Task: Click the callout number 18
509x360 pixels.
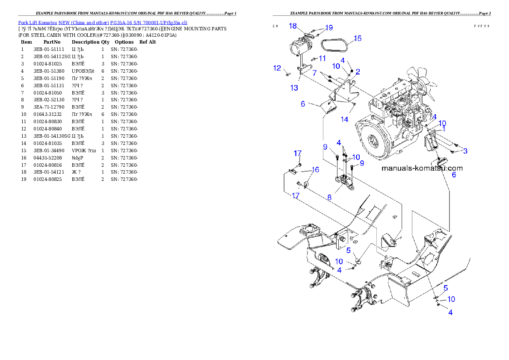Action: [293, 26]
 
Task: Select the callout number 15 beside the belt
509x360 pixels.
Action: [358, 38]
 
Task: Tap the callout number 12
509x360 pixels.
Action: [277, 68]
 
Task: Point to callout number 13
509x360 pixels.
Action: [294, 89]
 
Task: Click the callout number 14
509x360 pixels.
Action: [344, 120]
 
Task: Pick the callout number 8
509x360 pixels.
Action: [329, 198]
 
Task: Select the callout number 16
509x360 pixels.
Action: [315, 170]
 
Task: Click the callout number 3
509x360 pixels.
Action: [465, 151]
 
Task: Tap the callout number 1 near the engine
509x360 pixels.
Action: [444, 128]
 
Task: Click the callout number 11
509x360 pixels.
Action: [322, 58]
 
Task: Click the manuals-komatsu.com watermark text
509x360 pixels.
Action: [422, 168]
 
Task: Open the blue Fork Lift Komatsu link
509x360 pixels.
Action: [103, 22]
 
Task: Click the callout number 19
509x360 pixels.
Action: [328, 28]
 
